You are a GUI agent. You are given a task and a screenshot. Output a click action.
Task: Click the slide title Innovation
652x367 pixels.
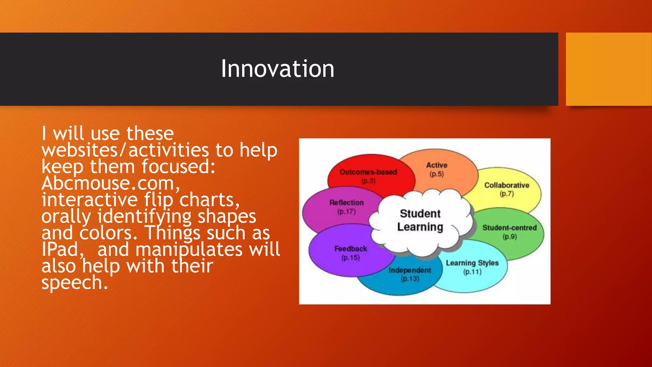click(x=277, y=69)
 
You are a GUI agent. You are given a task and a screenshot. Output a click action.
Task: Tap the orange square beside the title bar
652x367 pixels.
click(x=608, y=69)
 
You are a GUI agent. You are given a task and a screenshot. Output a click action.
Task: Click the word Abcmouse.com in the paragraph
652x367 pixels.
click(x=110, y=183)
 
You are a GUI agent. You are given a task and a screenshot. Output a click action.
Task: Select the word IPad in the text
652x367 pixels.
click(x=60, y=249)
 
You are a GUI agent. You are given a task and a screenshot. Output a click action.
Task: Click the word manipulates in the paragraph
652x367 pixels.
click(x=189, y=249)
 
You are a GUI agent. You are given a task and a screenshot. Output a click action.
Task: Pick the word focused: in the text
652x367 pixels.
click(x=178, y=167)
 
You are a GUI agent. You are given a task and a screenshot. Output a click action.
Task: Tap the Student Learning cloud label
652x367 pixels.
click(x=420, y=220)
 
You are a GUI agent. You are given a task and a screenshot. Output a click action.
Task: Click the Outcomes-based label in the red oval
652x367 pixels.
click(x=368, y=172)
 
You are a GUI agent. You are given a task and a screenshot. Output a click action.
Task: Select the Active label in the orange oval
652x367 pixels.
click(x=437, y=165)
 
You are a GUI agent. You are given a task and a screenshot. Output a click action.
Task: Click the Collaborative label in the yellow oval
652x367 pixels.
click(x=507, y=185)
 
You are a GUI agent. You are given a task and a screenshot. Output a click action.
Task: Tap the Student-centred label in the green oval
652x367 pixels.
click(x=509, y=228)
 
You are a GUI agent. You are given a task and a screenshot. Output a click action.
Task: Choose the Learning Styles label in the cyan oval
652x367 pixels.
click(x=472, y=263)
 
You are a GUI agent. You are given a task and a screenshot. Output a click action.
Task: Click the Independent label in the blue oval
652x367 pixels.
click(x=410, y=270)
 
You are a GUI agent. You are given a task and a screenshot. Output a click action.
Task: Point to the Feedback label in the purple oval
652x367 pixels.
click(x=351, y=248)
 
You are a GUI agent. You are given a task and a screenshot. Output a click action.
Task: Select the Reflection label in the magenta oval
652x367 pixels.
click(x=346, y=203)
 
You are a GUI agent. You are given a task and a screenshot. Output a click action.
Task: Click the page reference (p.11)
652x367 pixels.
click(x=472, y=272)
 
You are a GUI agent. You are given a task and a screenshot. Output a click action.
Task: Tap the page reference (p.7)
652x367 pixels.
click(x=507, y=194)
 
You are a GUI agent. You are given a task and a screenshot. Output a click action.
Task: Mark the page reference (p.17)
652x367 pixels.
click(x=346, y=212)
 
